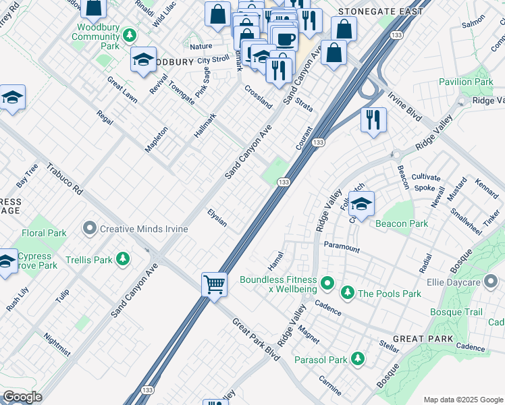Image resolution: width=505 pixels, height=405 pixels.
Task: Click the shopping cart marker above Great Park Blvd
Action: [214, 283]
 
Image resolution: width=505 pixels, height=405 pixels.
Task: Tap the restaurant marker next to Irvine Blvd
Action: [373, 119]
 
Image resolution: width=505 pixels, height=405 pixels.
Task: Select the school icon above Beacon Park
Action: [362, 205]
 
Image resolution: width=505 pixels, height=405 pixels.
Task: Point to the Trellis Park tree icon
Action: [123, 259]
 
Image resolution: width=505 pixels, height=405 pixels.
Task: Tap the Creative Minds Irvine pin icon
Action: [90, 229]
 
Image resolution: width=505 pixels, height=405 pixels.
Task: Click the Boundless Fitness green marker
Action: [327, 282]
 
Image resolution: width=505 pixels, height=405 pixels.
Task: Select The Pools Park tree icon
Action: [347, 293]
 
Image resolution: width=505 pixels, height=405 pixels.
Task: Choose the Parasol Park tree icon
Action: [357, 358]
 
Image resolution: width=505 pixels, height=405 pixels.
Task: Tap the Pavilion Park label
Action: [466, 82]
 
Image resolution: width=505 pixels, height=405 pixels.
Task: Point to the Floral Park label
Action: [44, 233]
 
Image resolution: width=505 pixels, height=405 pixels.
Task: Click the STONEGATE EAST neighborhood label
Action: [381, 11]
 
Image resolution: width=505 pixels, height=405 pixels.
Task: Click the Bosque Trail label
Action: [456, 312]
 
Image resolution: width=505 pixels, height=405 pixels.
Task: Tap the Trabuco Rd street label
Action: [64, 180]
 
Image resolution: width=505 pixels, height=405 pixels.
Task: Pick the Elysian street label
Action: [217, 217]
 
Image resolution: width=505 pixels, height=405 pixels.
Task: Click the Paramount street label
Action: [342, 247]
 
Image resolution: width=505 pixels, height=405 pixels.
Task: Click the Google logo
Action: [22, 397]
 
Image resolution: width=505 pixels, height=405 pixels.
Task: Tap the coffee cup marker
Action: [285, 38]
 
